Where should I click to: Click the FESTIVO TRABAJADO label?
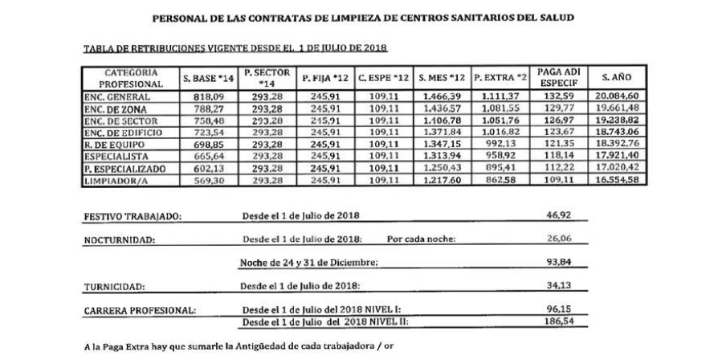[x=133, y=218]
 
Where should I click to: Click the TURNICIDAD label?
[x=115, y=285]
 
